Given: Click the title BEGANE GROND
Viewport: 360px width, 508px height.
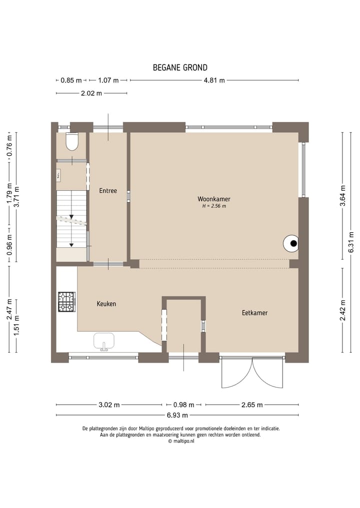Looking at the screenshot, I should tap(180, 68).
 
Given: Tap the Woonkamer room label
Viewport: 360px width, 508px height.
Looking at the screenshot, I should tap(213, 199).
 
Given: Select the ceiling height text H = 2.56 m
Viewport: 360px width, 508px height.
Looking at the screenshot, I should tap(213, 206).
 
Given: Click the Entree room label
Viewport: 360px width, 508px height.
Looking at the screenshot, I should tap(108, 190).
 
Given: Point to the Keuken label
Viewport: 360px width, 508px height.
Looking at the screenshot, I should tap(106, 304).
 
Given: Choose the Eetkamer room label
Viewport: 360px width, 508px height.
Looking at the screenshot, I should tap(254, 313).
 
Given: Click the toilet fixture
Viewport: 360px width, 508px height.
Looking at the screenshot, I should tap(72, 142).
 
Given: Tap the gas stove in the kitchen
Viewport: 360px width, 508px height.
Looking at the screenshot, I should tap(66, 302).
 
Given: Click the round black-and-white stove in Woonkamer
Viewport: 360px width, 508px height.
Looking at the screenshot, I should tap(291, 244).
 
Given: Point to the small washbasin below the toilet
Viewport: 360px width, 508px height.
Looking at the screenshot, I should tap(59, 174).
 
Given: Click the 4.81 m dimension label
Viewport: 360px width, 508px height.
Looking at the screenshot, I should tap(214, 80).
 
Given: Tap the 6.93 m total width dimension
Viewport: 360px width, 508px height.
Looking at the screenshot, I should tap(177, 415).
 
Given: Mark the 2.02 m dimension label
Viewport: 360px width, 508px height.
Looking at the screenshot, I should tap(91, 93).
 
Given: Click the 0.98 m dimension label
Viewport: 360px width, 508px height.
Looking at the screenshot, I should tap(183, 405).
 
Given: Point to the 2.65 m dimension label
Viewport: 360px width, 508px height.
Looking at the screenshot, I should tap(252, 405).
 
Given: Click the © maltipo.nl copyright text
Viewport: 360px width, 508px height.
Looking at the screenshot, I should tap(180, 441).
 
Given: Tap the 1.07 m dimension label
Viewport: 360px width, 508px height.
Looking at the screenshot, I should tap(108, 80).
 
